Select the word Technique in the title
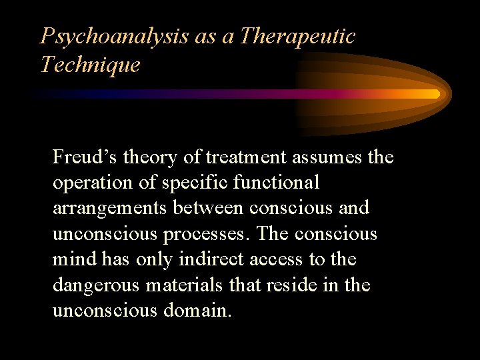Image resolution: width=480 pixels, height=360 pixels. click(90, 65)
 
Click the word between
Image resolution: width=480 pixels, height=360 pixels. click(209, 208)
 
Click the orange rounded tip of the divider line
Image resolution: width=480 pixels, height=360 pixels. click(436, 94)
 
